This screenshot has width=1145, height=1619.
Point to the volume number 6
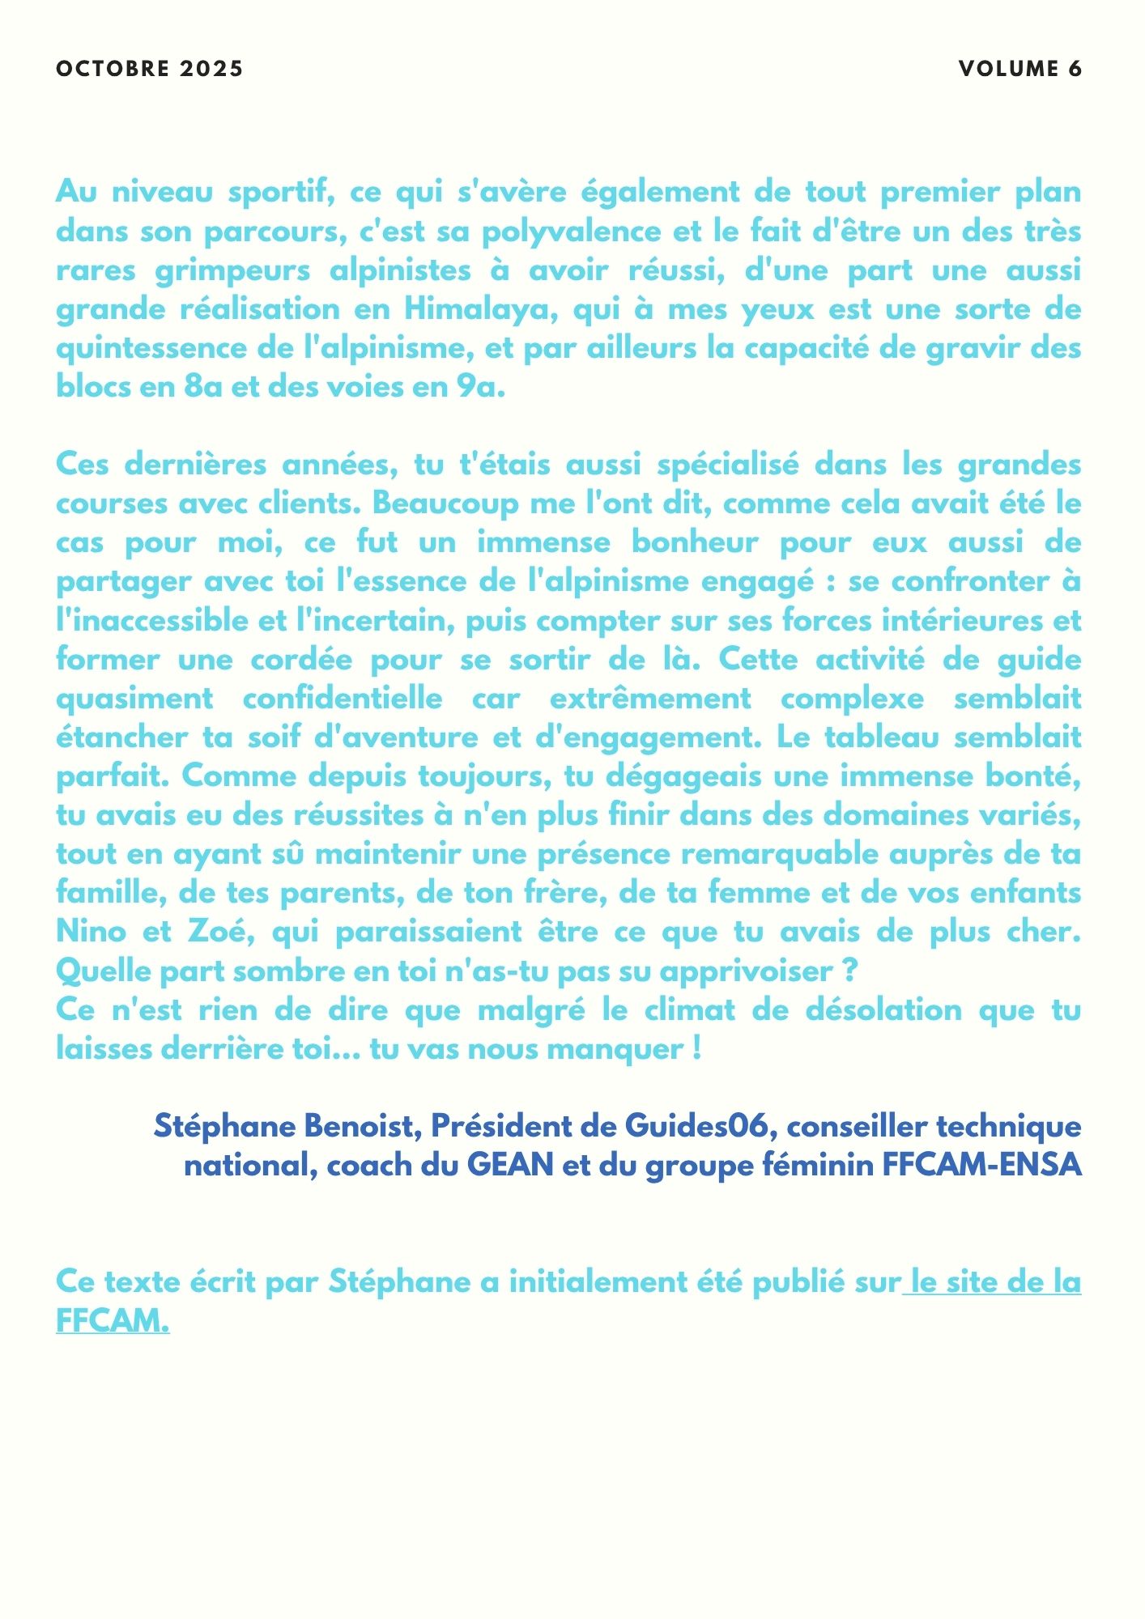(x=1075, y=69)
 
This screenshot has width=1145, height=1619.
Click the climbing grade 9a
(x=475, y=387)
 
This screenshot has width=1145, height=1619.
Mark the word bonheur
(x=694, y=542)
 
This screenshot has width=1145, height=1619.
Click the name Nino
(x=91, y=932)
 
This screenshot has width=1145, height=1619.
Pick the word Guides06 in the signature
(x=696, y=1125)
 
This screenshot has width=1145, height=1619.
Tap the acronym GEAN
(x=510, y=1165)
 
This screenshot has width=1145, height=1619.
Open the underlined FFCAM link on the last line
(x=112, y=1321)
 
